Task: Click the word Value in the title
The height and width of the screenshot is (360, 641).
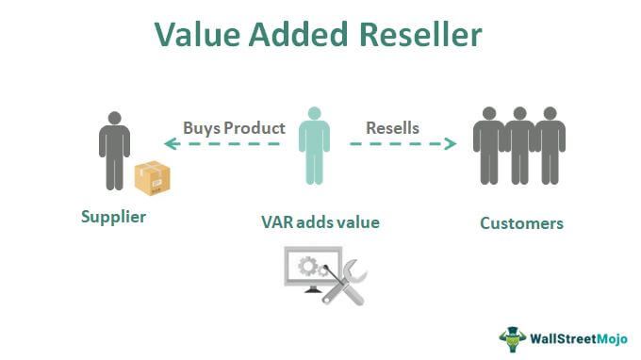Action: pyautogui.click(x=198, y=34)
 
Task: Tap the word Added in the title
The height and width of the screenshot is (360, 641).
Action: pyautogui.click(x=299, y=34)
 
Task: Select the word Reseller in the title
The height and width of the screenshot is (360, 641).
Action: pyautogui.click(x=420, y=34)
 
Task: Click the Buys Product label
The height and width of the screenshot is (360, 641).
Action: pyautogui.click(x=234, y=128)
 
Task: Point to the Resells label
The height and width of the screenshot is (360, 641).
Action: pyautogui.click(x=392, y=128)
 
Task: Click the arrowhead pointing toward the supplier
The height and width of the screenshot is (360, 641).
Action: pyautogui.click(x=172, y=143)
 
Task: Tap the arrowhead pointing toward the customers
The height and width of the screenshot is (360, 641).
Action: pyautogui.click(x=450, y=143)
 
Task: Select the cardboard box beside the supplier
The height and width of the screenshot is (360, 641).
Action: pyautogui.click(x=153, y=178)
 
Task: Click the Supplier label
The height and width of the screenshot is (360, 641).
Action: pyautogui.click(x=114, y=217)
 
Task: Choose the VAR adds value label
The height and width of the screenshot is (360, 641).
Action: pyautogui.click(x=320, y=222)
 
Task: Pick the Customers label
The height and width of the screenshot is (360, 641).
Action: pyautogui.click(x=521, y=223)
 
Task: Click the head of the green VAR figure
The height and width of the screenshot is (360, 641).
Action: pyautogui.click(x=314, y=113)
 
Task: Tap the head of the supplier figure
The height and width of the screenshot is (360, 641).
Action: pyautogui.click(x=114, y=118)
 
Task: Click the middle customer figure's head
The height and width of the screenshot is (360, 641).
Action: pyautogui.click(x=520, y=113)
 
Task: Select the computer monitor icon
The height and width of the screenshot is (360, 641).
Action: pyautogui.click(x=312, y=270)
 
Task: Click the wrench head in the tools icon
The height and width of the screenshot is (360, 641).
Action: pyautogui.click(x=354, y=270)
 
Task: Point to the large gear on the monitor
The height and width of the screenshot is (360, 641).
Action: pyautogui.click(x=308, y=266)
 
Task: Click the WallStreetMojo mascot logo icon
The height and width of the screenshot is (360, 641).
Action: pyautogui.click(x=512, y=339)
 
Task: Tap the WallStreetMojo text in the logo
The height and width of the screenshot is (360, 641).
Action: pyautogui.click(x=579, y=338)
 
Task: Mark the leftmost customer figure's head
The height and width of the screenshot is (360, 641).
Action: pyautogui.click(x=489, y=113)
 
